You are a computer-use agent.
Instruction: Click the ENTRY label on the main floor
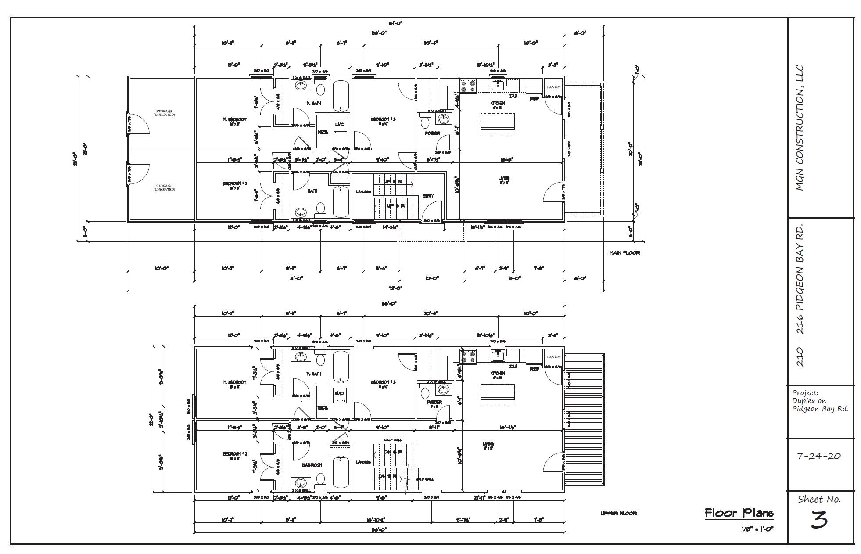click(428, 196)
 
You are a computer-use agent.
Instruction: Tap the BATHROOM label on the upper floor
click(312, 465)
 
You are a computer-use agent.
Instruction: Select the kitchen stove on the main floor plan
click(468, 86)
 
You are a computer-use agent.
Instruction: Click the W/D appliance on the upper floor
click(341, 394)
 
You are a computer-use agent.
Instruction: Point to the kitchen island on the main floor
click(498, 121)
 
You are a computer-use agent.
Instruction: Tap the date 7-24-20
click(819, 456)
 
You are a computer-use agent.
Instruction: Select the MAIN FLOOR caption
click(624, 253)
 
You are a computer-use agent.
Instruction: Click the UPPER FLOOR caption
click(618, 513)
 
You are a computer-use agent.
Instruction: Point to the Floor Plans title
click(739, 513)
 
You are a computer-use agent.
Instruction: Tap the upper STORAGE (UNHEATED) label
click(164, 113)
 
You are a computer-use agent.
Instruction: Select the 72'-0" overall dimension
click(395, 288)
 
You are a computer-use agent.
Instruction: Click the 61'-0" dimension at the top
click(395, 22)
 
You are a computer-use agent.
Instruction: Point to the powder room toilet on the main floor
click(424, 121)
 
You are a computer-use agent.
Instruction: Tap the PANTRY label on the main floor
click(554, 87)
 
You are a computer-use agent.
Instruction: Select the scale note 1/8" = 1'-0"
click(757, 529)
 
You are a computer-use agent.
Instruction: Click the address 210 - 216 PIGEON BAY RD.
click(800, 296)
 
